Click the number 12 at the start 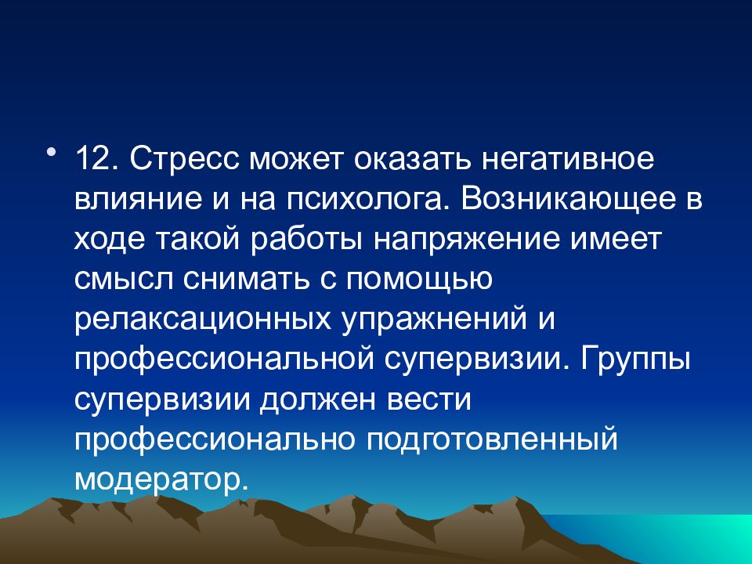coord(96,159)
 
